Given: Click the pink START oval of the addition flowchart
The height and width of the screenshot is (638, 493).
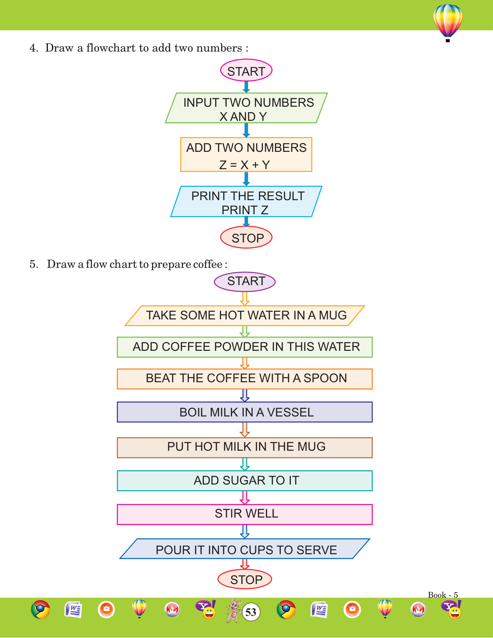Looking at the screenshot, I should (x=246, y=71).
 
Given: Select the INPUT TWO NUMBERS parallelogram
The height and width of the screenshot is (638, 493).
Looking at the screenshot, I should (x=246, y=108).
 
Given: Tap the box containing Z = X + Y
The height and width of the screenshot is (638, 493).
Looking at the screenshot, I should (x=246, y=155).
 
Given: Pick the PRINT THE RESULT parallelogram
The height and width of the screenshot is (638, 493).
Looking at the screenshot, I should (x=246, y=202).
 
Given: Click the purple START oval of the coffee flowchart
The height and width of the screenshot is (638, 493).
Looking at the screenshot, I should (x=245, y=281).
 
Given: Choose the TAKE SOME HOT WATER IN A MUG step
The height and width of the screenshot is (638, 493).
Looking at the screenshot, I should (x=245, y=315).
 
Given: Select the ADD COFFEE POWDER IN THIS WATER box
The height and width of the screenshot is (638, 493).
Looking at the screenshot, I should (x=245, y=347).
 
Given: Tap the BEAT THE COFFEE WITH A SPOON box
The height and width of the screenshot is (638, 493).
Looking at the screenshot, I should (x=245, y=379).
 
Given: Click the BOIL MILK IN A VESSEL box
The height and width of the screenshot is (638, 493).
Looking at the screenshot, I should (x=245, y=412).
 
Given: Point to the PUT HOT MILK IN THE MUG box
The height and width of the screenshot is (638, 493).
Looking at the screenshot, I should (x=245, y=447).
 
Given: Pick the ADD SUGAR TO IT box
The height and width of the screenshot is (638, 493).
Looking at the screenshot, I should (x=245, y=481).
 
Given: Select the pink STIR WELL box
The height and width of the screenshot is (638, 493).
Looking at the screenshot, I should (x=245, y=514).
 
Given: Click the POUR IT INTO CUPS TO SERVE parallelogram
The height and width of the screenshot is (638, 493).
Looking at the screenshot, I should (x=245, y=549).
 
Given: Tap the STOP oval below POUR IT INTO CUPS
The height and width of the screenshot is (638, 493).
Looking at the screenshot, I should (x=245, y=580).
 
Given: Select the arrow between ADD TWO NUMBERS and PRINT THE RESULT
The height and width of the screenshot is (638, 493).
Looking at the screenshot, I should (x=246, y=179).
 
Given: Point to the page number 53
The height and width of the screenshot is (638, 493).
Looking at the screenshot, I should (x=251, y=612).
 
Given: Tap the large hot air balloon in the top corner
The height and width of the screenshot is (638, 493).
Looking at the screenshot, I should (x=447, y=22).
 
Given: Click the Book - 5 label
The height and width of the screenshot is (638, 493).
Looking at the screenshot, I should (x=443, y=595).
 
